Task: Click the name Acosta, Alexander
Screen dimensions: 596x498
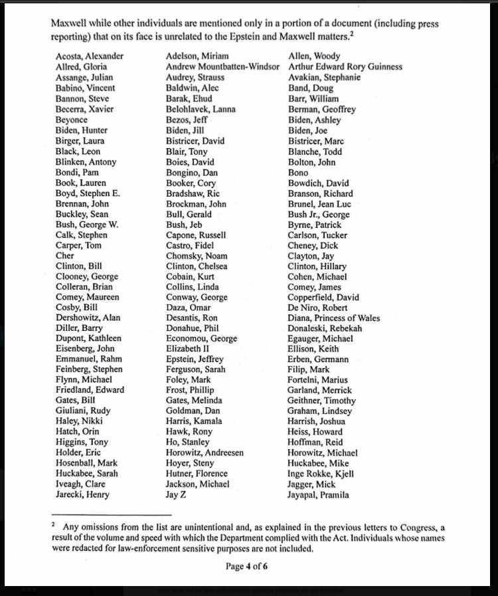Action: [x=89, y=56]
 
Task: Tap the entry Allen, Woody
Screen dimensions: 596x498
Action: [x=314, y=56]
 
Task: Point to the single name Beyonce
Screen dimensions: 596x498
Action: [x=72, y=120]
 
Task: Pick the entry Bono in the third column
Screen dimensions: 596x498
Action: [x=298, y=173]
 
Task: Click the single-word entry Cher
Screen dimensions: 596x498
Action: [x=65, y=256]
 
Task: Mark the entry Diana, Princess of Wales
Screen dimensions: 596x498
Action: [x=333, y=318]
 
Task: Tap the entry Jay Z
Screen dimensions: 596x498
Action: [x=176, y=495]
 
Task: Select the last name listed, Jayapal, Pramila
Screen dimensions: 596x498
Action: [x=318, y=495]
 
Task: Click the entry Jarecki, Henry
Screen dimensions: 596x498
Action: [x=82, y=495]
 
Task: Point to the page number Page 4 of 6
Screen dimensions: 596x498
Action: [x=247, y=567]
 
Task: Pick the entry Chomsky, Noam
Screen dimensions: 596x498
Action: [x=197, y=256]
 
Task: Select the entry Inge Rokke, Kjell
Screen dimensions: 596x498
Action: [x=321, y=474]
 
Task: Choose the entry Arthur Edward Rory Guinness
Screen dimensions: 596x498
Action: [x=345, y=67]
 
